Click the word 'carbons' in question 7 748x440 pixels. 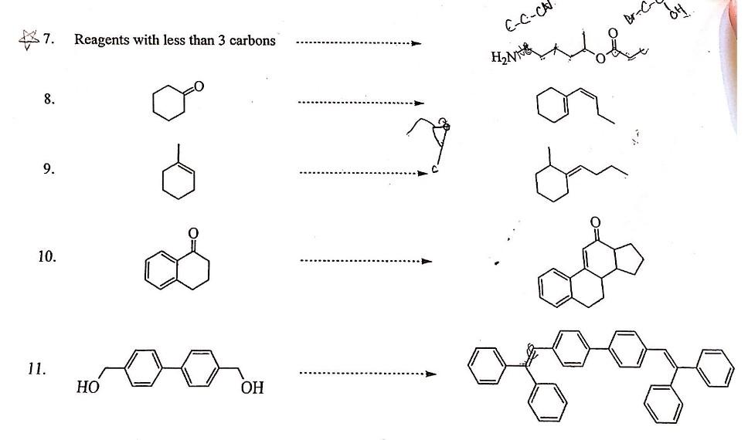pyautogui.click(x=250, y=40)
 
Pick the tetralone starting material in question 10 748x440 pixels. pyautogui.click(x=177, y=266)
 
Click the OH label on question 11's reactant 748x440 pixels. pyautogui.click(x=252, y=388)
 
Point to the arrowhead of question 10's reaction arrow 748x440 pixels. pyautogui.click(x=427, y=261)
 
